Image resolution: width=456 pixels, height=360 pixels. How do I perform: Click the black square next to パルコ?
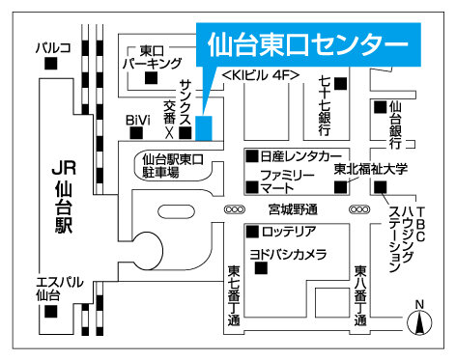pyautogui.click(x=51, y=64)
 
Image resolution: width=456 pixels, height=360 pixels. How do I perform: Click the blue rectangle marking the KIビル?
pyautogui.click(x=204, y=126)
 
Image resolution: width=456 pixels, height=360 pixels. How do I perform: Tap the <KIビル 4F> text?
pyautogui.click(x=260, y=74)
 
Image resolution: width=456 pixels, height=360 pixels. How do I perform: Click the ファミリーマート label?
pyautogui.click(x=279, y=180)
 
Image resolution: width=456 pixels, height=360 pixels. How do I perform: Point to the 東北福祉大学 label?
pyautogui.click(x=373, y=169)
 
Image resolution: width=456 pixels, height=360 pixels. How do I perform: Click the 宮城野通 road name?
pyautogui.click(x=294, y=208)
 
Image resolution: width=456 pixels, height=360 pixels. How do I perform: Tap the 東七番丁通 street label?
pyautogui.click(x=235, y=295)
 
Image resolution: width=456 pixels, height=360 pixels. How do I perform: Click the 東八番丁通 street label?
pyautogui.click(x=360, y=295)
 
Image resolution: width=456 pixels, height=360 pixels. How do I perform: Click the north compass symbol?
pyautogui.click(x=419, y=321)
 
